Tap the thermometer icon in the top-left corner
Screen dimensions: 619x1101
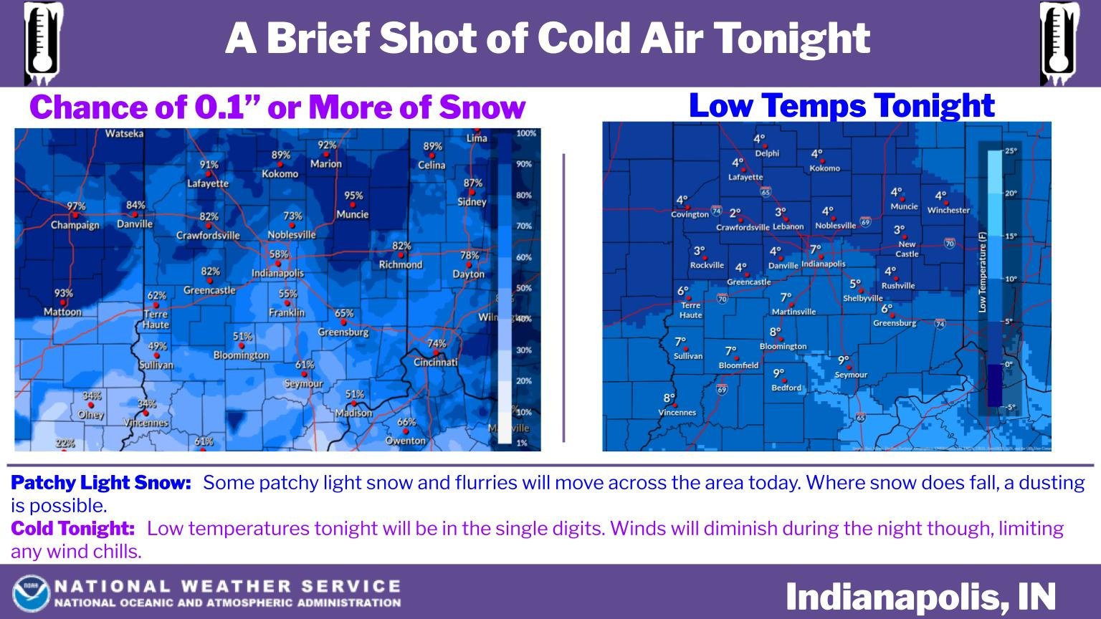pos(43,43)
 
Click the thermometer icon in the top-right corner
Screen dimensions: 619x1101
pos(1059,43)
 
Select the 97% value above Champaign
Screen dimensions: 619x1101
pos(76,206)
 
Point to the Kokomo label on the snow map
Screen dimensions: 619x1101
pos(280,174)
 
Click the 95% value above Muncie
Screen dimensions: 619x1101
pos(353,196)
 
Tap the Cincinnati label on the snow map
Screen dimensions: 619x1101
pos(436,362)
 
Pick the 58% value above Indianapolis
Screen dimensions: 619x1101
pos(279,254)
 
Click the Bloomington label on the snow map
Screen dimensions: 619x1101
pos(241,355)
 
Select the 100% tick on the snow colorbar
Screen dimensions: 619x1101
pos(526,133)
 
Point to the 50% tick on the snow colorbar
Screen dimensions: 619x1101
pos(524,288)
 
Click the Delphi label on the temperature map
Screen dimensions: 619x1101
pos(767,153)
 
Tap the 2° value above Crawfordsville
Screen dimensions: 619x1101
pos(735,213)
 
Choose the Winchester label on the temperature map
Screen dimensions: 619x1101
pos(948,211)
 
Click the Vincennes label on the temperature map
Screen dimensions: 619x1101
pos(677,413)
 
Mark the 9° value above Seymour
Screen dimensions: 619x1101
pos(844,360)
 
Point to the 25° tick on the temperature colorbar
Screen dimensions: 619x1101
pos(1011,151)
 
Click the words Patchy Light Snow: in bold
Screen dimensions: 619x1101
pos(101,483)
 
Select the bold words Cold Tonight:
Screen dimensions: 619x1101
pos(73,529)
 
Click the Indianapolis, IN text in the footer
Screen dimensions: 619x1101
pos(920,597)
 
